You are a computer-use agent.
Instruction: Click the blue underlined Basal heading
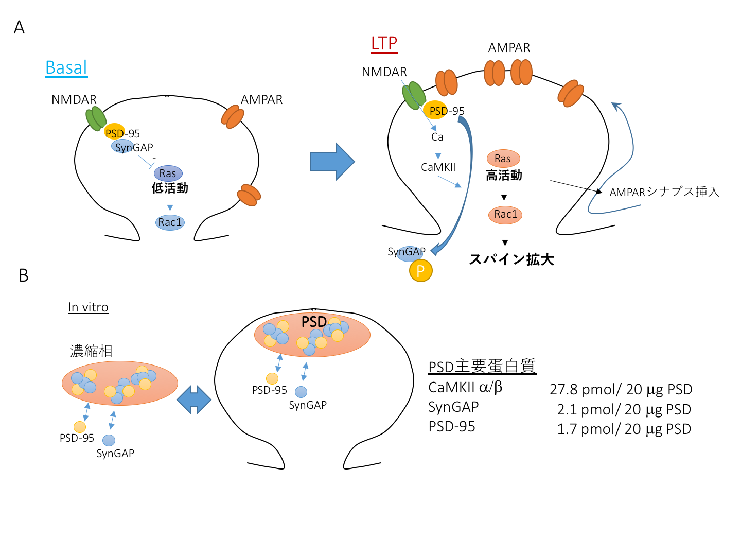66,67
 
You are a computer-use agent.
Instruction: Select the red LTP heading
384,43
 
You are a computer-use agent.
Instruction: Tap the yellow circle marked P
420,271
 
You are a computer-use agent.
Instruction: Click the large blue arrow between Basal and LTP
332,162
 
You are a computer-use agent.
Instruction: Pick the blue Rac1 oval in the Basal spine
170,222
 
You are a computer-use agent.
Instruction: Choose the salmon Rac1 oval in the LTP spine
505,215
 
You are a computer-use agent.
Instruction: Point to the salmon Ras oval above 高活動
503,159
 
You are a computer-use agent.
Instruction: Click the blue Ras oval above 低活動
168,173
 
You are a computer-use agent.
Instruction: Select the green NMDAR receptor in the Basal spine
96,118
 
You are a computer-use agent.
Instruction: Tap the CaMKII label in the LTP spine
438,167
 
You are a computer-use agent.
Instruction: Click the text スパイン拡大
511,259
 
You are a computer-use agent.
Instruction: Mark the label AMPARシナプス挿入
664,192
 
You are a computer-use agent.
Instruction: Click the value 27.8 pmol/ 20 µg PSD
621,390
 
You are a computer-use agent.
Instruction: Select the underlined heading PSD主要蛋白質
482,367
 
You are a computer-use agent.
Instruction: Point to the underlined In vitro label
88,307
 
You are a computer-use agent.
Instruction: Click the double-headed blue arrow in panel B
193,399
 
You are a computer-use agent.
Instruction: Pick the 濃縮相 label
91,351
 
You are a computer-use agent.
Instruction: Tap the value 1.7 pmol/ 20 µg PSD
624,429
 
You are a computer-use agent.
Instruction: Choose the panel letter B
23,276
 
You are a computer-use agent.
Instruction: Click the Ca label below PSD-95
437,137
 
